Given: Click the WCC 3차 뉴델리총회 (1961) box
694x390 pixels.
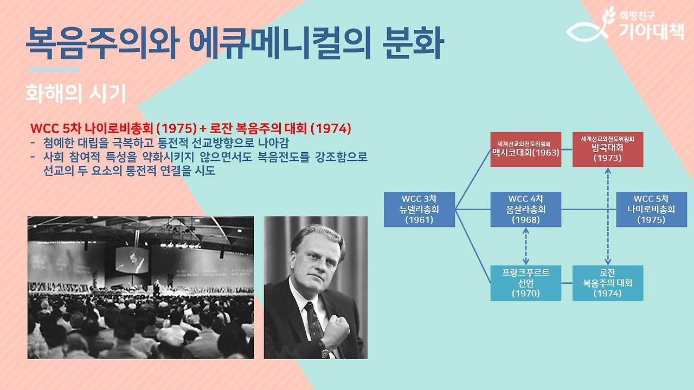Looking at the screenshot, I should click(x=419, y=209).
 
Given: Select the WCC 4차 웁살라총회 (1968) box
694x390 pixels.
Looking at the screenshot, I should click(x=525, y=209).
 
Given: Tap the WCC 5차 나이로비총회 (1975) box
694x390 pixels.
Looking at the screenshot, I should click(x=651, y=209).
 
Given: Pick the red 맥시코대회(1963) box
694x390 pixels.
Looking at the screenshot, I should click(x=525, y=149).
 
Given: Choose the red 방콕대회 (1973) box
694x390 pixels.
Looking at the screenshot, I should click(x=607, y=149).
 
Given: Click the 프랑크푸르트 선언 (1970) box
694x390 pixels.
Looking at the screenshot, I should click(x=525, y=283).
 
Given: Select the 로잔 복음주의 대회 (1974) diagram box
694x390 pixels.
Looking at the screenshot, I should click(x=607, y=283).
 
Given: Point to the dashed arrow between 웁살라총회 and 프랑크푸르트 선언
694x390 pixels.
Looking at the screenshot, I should click(x=525, y=246).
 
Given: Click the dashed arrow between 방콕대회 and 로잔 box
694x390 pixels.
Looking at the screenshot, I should click(x=608, y=217).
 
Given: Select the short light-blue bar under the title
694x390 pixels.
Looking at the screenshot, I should click(x=53, y=69).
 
